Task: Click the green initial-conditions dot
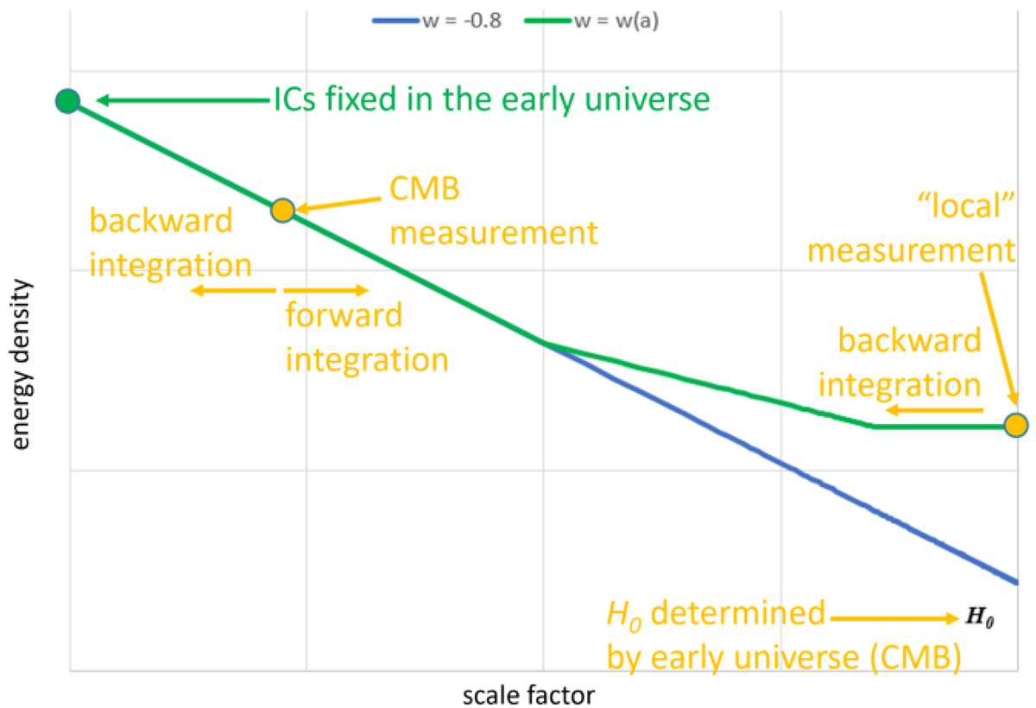(68, 101)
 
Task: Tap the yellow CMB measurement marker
(282, 211)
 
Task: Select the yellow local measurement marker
(1016, 425)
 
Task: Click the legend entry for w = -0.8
(437, 21)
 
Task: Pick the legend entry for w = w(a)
(591, 21)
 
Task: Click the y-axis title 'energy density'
(21, 364)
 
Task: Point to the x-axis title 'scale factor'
(528, 695)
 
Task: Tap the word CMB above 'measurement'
(425, 189)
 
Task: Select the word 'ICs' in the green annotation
(295, 99)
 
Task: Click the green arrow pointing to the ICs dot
(183, 100)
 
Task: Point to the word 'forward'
(344, 315)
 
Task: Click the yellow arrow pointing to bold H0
(895, 618)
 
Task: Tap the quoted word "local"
(966, 205)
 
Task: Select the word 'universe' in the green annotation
(647, 99)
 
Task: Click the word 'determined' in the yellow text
(737, 613)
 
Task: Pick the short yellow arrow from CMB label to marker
(339, 204)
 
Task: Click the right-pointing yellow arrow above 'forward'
(326, 290)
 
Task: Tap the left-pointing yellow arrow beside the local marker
(934, 410)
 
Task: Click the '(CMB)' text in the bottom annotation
(915, 658)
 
